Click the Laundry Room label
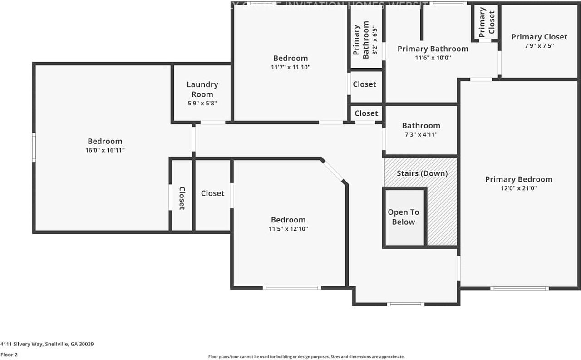click(202, 89)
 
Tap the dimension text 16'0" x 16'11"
click(105, 150)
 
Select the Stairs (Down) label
click(422, 173)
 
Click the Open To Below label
click(404, 217)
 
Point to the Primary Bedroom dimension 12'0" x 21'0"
click(519, 188)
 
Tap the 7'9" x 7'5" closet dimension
click(539, 46)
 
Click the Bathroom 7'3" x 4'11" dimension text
click(421, 134)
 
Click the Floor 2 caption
click(9, 355)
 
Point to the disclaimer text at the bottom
click(306, 357)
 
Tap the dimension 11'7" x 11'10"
click(290, 67)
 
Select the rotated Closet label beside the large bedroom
click(182, 198)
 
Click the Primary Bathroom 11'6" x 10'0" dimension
click(433, 58)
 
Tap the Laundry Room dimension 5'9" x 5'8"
click(202, 103)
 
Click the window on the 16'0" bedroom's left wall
click(34, 147)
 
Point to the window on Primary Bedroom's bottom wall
click(519, 288)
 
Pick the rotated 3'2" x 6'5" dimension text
click(374, 39)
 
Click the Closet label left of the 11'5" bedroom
click(212, 193)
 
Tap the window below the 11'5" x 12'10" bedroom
click(292, 288)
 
